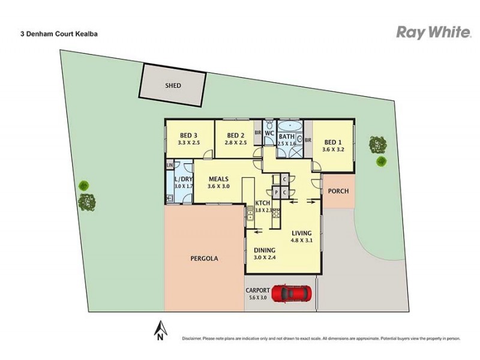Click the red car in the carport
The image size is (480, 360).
point(292,294)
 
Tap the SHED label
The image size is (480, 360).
point(173,86)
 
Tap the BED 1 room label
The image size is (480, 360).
point(332,142)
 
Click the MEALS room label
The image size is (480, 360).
point(218,178)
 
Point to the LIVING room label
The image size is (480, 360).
point(302,233)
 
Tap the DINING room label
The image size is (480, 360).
point(264,250)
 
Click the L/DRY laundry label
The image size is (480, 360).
point(183,179)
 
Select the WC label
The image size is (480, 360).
point(269,133)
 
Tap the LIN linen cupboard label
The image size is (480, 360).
point(170,165)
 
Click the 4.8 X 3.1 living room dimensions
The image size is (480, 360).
point(302,241)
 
